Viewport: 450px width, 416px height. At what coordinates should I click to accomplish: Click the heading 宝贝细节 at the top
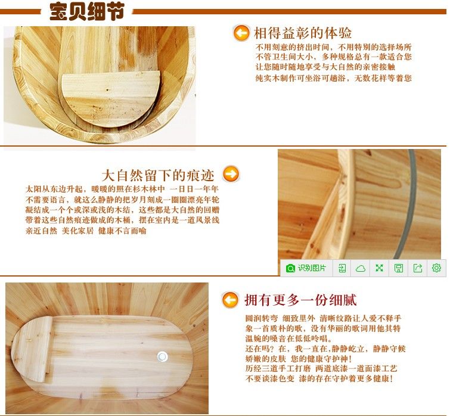coord(86,11)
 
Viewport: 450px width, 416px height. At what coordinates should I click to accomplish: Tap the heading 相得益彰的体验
coord(303,33)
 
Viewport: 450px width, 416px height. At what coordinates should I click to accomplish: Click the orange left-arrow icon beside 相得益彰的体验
coord(241,33)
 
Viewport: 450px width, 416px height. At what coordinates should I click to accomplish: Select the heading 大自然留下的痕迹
coord(158,175)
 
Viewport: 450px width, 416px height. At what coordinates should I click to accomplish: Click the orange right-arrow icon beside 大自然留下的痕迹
coord(231,173)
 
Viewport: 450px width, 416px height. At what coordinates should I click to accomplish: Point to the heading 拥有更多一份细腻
coord(300,300)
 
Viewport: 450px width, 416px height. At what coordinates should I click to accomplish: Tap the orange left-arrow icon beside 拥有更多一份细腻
coord(230,300)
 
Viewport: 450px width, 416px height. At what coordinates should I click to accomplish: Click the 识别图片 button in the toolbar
coord(306,268)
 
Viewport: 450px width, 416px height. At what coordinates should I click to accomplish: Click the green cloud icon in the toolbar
coord(361,268)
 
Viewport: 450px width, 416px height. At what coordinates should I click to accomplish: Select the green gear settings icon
coord(436,268)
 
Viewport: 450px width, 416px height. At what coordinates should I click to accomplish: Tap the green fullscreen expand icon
coord(380,268)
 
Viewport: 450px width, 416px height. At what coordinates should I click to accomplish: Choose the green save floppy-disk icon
coord(399,268)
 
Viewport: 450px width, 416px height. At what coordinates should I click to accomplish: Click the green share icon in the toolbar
coord(418,268)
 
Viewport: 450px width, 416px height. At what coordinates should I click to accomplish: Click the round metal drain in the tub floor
coord(163,356)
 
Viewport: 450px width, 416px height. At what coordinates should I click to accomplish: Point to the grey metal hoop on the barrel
coord(408,203)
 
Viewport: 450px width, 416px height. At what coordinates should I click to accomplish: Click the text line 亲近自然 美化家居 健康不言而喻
coord(86,231)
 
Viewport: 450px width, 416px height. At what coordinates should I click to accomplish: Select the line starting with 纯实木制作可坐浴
coord(334,77)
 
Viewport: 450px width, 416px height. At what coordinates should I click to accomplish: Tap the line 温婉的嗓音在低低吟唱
coord(288,339)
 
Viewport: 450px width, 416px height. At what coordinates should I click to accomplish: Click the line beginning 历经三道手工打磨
coord(321,368)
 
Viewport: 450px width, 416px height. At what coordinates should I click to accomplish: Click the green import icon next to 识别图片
coord(342,268)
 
